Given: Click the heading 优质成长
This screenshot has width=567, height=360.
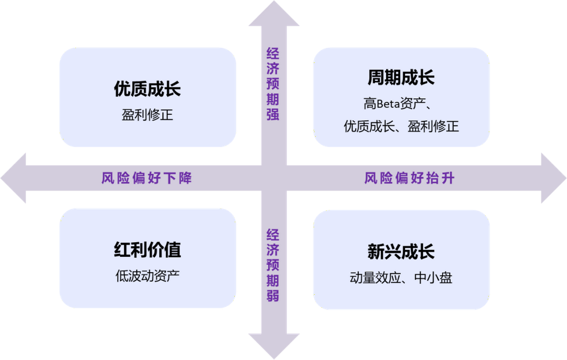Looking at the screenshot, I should tap(147, 90).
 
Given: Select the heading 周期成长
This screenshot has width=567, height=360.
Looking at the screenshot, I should tap(401, 78).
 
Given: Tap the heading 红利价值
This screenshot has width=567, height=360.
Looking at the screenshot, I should tap(147, 250).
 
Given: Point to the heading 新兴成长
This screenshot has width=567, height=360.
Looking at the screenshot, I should tap(401, 252).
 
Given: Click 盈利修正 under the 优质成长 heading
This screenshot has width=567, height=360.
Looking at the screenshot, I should tap(147, 115).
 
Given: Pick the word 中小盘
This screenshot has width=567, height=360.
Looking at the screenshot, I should tap(433, 278).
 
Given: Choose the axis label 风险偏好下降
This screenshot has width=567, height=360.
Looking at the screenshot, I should tap(147, 179).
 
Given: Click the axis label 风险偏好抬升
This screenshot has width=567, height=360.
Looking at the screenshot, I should tap(409, 179).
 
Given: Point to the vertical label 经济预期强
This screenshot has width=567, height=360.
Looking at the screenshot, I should tap(273, 84).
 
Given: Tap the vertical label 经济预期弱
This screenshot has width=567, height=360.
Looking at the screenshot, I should tap(273, 265).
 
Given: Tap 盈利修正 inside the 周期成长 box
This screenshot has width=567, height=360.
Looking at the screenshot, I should tap(436, 126).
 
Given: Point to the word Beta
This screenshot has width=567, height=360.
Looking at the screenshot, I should tap(388, 104).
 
